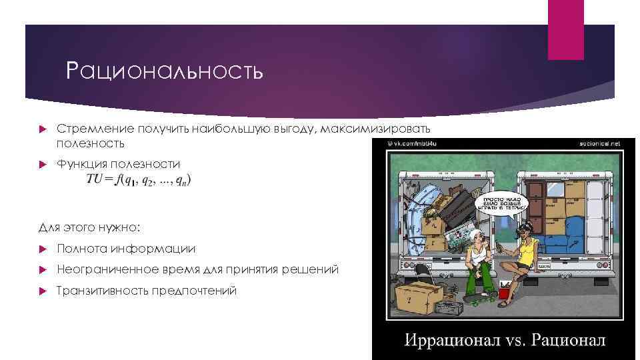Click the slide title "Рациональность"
click(164, 71)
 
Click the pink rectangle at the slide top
click(565, 30)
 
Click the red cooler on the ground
click(505, 291)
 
